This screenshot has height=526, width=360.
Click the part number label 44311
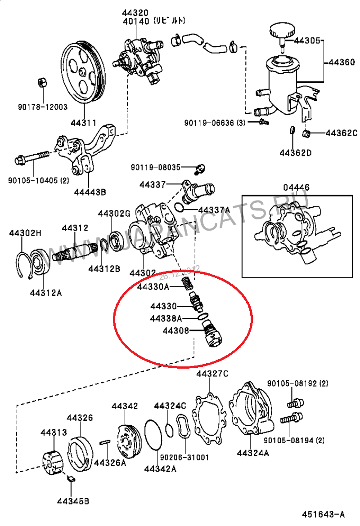point(83,122)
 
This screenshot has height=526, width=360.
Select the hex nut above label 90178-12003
point(41,82)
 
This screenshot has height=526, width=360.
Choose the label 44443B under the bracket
point(90,192)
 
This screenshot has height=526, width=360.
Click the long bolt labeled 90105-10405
point(31,159)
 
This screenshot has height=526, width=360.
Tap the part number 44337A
point(214,210)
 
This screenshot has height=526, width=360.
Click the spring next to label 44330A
point(185,283)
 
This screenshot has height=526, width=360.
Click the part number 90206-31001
point(189,458)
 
